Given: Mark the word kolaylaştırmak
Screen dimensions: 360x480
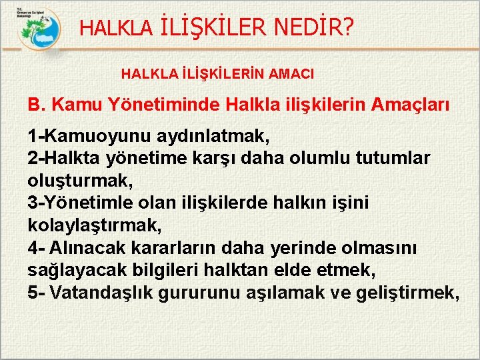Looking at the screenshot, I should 95,225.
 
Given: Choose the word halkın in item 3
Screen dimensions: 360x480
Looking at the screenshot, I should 299,203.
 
